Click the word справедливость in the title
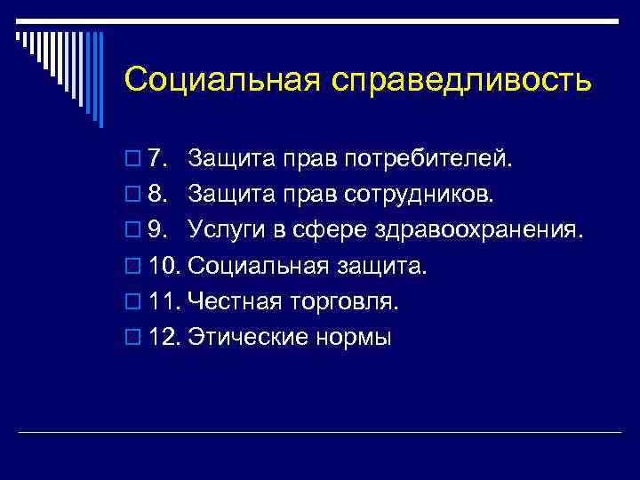(462, 80)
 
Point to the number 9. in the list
(159, 231)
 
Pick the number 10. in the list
(164, 267)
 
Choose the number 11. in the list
(164, 302)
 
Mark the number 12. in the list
(164, 338)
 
